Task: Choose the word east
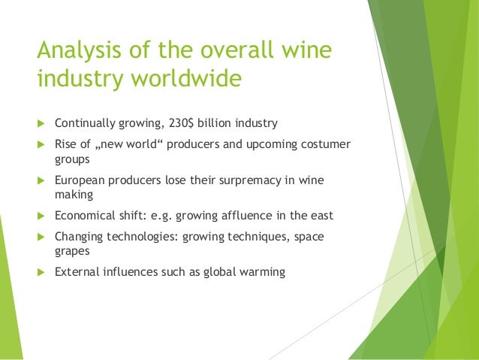[x=320, y=215]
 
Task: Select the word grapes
[x=72, y=251]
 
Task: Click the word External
[x=77, y=271]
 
